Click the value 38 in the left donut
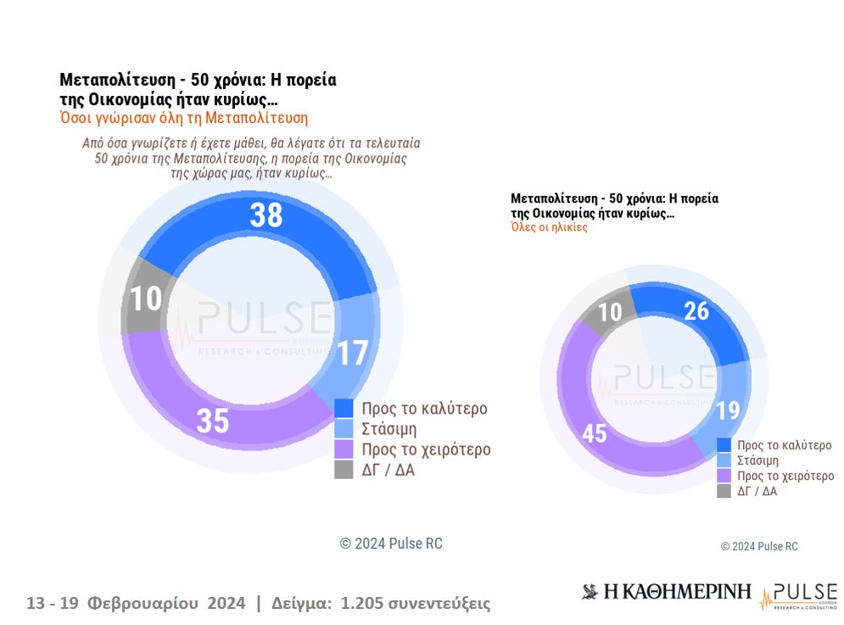tap(265, 215)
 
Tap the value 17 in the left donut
tap(352, 352)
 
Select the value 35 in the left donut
tap(213, 421)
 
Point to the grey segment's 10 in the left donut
tap(146, 299)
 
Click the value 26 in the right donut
tap(696, 311)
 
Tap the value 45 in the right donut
tap(594, 433)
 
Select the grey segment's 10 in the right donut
tap(610, 312)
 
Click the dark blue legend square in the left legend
tap(344, 408)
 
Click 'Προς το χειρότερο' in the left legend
tap(426, 449)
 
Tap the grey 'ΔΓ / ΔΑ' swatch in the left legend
tap(344, 470)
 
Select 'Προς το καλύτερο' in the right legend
tap(784, 445)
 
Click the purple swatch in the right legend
tap(724, 476)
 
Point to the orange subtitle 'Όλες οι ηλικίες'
tap(549, 227)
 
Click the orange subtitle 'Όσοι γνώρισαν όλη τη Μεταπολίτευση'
tap(183, 118)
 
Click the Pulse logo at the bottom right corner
tap(798, 595)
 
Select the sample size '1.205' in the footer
tap(361, 604)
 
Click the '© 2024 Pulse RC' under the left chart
tap(391, 544)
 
